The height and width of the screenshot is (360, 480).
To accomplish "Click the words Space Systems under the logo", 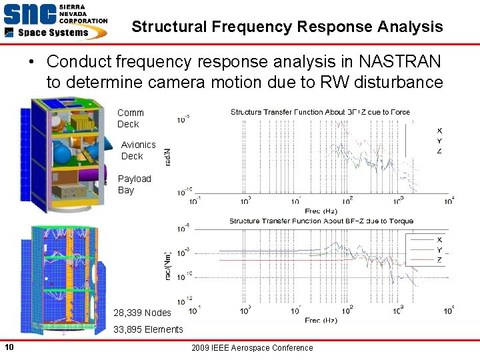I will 52,32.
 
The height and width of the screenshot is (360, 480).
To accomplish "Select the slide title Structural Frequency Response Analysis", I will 287,27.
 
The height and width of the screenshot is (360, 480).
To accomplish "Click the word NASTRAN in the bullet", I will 399,62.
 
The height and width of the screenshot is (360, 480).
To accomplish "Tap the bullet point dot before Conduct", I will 32,63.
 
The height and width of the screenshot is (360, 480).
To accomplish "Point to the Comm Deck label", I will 130,118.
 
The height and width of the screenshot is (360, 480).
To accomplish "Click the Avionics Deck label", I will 138,150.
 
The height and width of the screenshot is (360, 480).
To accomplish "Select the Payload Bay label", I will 134,184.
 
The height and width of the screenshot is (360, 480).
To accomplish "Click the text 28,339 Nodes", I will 142,313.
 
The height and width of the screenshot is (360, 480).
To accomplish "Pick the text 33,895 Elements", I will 148,329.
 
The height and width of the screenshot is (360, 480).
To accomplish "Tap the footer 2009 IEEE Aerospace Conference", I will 251,347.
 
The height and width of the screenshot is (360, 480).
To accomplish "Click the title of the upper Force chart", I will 320,112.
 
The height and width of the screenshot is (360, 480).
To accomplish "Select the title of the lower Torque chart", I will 321,221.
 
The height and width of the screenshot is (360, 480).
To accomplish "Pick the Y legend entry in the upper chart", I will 439,141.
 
